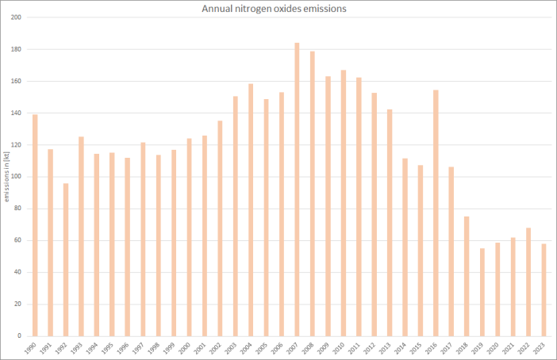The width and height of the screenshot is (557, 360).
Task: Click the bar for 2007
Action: (x=297, y=190)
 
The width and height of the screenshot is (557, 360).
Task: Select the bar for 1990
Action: (x=35, y=225)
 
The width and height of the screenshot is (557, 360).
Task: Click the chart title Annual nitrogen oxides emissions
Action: (x=278, y=9)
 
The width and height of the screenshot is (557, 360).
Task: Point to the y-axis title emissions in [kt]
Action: (x=6, y=176)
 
